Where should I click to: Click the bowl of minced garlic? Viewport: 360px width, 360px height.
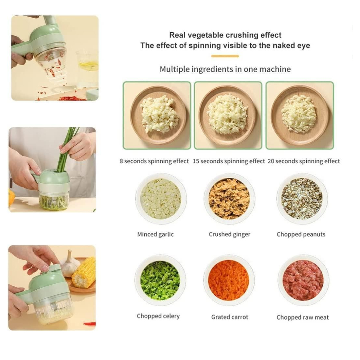click(x=161, y=199)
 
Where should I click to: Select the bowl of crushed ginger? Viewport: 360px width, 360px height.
click(x=229, y=199)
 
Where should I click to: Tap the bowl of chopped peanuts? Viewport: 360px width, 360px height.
click(x=302, y=199)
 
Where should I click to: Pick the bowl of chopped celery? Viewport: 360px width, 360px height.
click(x=160, y=280)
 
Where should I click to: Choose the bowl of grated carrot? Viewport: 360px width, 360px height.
click(x=229, y=280)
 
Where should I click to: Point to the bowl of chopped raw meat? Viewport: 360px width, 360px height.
click(x=303, y=280)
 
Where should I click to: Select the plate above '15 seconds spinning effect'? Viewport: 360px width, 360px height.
click(x=228, y=115)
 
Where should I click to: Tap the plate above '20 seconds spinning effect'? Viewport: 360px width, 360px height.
click(x=300, y=115)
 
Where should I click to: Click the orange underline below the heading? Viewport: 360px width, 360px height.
click(x=225, y=56)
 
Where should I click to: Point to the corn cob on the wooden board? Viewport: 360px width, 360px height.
click(x=84, y=272)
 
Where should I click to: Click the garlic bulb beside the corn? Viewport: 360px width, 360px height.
click(x=69, y=264)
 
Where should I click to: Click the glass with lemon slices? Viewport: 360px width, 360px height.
click(x=87, y=69)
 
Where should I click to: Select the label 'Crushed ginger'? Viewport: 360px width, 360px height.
click(x=229, y=234)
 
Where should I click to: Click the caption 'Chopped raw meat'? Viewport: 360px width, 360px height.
click(x=303, y=317)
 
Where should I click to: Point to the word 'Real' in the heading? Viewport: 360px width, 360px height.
click(x=177, y=35)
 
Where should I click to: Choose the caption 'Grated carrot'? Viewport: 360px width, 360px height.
click(x=230, y=317)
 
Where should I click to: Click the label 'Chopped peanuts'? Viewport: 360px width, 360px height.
click(x=301, y=234)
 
